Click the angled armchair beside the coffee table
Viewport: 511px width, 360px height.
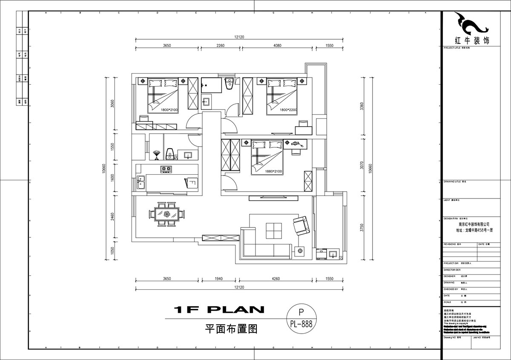coord(301,225)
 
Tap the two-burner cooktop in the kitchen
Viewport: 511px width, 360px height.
coord(166,170)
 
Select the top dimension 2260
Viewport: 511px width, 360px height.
coord(221,45)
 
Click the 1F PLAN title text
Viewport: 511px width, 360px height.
coord(219,310)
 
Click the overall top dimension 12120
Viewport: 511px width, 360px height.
coord(239,37)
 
